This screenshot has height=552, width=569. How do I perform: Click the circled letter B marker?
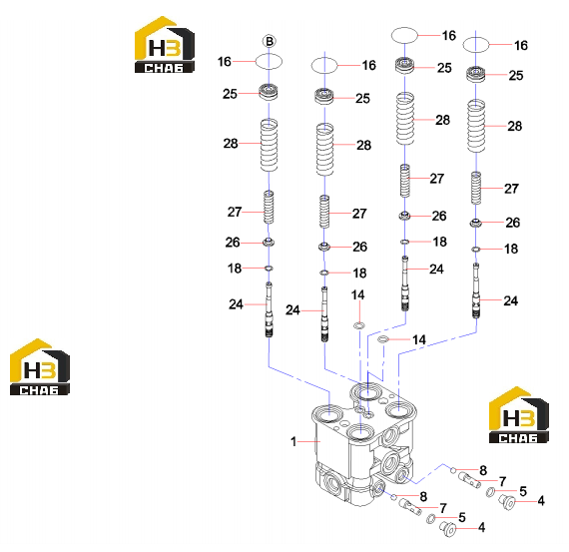[270, 41]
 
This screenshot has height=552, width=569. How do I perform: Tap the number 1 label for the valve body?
[293, 441]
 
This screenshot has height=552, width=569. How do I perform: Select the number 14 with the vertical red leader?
[357, 294]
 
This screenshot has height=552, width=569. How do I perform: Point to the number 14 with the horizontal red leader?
[419, 339]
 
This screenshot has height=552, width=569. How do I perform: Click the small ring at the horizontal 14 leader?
[383, 339]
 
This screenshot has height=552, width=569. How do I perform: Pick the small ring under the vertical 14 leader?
[359, 325]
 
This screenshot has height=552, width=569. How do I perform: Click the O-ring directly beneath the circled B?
[269, 62]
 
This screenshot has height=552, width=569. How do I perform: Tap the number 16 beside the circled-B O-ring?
[225, 62]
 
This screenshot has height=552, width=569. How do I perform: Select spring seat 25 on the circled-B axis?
[269, 92]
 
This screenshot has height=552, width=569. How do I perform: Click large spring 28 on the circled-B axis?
[269, 145]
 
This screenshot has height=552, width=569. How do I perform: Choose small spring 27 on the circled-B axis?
[269, 208]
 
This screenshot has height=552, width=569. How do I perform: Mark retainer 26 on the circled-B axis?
[269, 243]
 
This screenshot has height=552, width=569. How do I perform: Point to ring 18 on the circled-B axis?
[269, 269]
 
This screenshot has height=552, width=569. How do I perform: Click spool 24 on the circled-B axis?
[269, 309]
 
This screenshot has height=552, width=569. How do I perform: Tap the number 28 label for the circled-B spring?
[231, 144]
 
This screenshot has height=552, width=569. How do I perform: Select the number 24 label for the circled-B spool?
[236, 304]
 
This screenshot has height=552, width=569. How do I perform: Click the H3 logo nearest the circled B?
[165, 45]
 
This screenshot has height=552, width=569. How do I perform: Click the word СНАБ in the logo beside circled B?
[164, 68]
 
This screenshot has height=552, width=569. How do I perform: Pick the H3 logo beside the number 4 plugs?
[519, 415]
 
